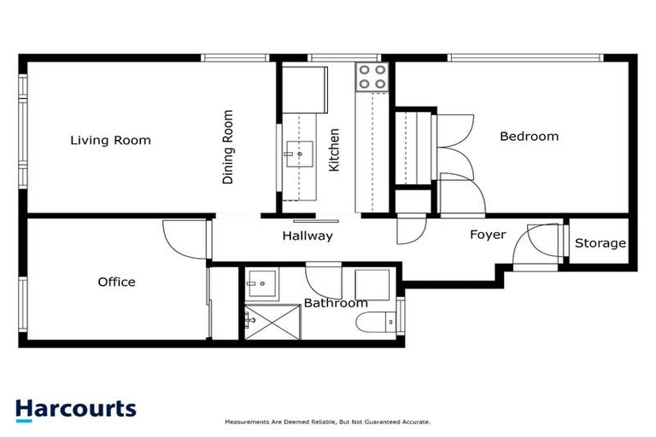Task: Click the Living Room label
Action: [x=110, y=141]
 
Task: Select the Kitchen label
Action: [x=334, y=150]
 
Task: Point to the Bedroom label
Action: [x=529, y=137]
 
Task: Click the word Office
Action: [x=116, y=282]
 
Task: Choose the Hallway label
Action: [x=307, y=236]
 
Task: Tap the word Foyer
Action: [x=488, y=235]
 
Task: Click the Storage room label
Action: [x=600, y=243]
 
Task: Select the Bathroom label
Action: [x=336, y=303]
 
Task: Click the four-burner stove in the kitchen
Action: [x=372, y=77]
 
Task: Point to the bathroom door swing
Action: [x=323, y=283]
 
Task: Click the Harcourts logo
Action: [x=75, y=409]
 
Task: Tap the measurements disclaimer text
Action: [x=327, y=422]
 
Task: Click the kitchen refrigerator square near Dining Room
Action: [x=305, y=89]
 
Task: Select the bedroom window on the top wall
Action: [x=526, y=58]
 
